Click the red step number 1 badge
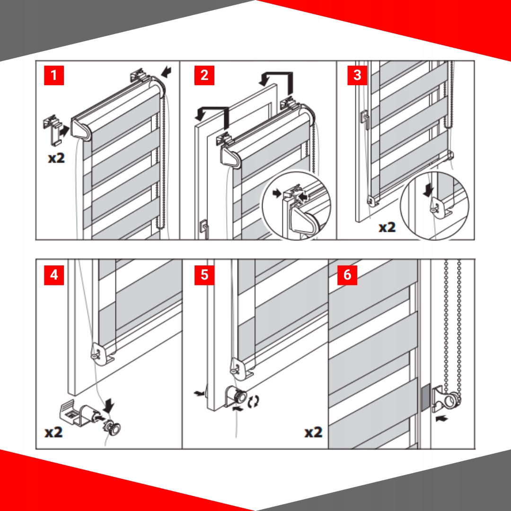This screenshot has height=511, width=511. pos(54,75)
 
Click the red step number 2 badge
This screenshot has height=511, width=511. pos(204,75)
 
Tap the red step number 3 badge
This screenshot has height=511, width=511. pos(358,75)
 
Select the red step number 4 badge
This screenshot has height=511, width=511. pos(54,275)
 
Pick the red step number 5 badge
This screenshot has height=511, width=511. pos(204,275)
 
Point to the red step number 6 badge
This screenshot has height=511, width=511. pos(347,275)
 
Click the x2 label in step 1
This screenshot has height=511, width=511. pos(56,158)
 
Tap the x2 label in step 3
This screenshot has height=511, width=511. pos(387,227)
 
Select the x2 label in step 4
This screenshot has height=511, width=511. pos(54,432)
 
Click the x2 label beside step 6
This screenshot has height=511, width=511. pos(314,432)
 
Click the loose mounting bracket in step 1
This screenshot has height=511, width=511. pos(53,129)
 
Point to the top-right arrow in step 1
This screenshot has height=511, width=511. pos(166,72)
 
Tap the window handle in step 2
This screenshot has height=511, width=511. pos(204,229)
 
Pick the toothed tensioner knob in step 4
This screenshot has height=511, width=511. pos(112,427)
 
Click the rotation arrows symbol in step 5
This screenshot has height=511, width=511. pos(254,402)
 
